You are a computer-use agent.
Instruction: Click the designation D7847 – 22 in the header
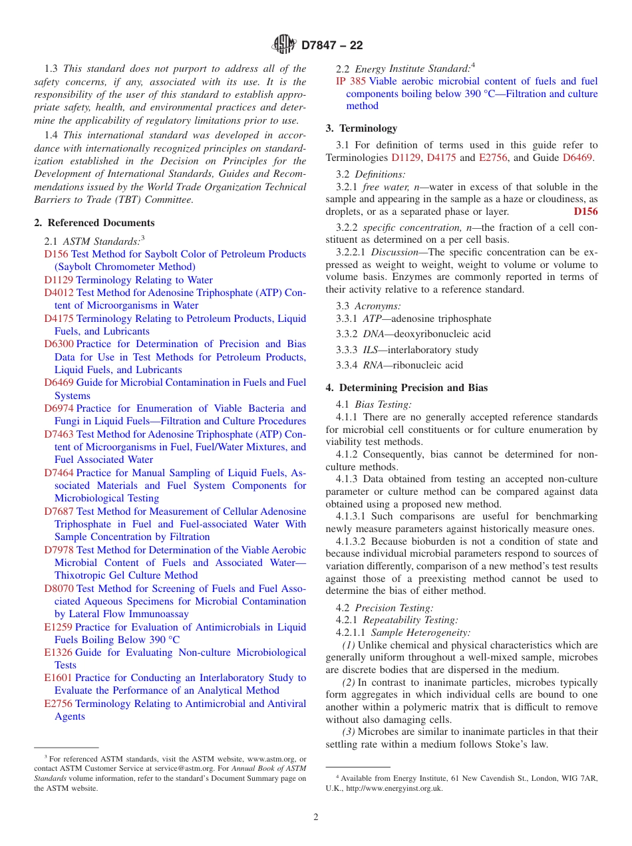click(x=332, y=46)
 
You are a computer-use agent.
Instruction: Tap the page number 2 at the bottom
click(x=316, y=817)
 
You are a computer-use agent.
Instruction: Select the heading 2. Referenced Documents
click(x=94, y=223)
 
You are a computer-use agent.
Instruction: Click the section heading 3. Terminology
click(x=361, y=128)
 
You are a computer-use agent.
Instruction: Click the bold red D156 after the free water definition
click(x=585, y=212)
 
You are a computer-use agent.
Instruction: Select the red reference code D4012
click(x=59, y=293)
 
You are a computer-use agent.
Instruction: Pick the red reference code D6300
click(x=59, y=344)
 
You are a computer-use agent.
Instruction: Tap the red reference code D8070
click(x=59, y=589)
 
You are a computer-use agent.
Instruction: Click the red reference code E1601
click(x=58, y=678)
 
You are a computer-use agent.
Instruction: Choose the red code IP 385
click(x=351, y=81)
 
